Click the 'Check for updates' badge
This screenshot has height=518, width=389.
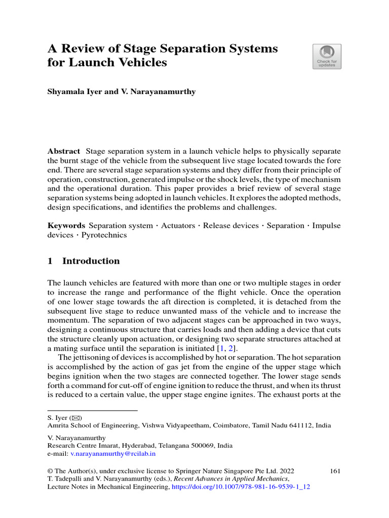(327, 56)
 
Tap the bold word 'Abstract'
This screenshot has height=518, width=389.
(63, 151)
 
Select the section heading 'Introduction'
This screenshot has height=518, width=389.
(91, 261)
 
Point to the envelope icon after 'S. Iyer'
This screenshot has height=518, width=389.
(77, 417)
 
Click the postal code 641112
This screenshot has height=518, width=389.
(299, 425)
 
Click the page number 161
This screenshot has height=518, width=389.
(334, 470)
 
